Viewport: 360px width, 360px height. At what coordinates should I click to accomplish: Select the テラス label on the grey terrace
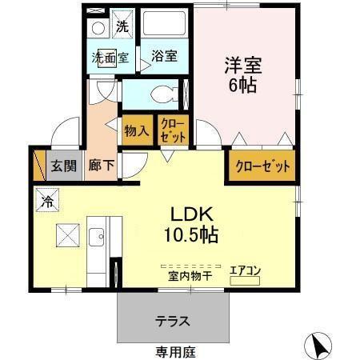172,322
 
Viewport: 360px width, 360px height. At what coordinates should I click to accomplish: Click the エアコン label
245,270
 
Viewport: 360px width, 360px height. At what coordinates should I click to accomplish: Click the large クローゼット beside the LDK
262,166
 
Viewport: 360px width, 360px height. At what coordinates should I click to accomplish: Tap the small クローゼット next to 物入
173,130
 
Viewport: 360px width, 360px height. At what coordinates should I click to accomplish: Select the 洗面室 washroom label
110,58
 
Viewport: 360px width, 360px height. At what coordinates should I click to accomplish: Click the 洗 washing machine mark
122,25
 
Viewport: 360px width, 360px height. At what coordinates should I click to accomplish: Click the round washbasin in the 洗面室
97,26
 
